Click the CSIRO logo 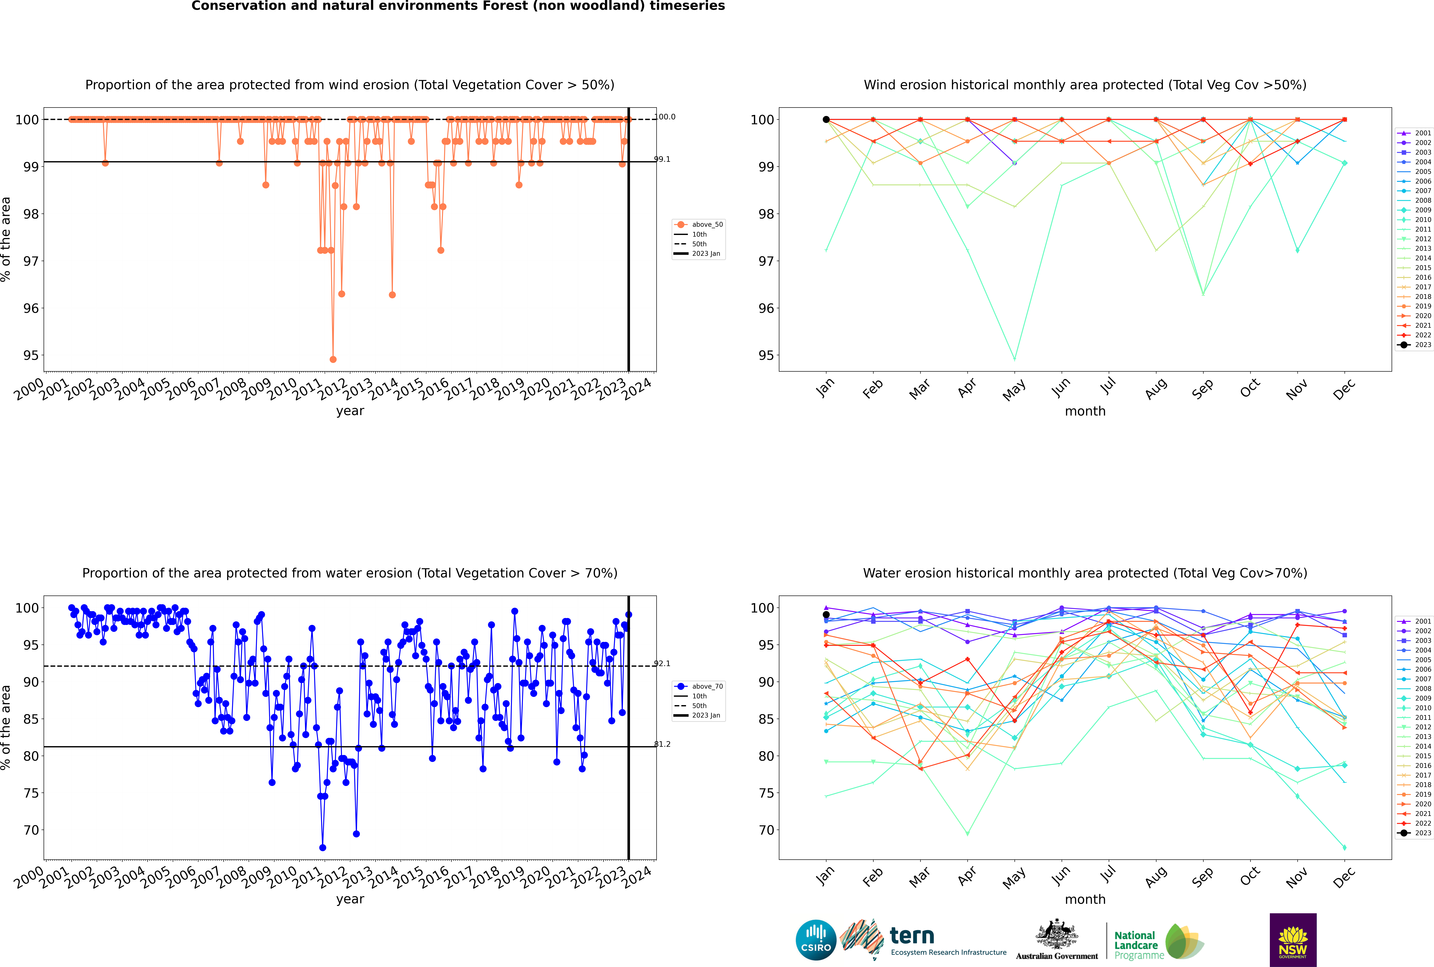[816, 940]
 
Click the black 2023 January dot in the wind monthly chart [826, 120]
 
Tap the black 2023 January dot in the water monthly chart [826, 615]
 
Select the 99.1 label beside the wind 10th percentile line [662, 159]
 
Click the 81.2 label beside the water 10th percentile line [662, 744]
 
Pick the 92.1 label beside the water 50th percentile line [662, 664]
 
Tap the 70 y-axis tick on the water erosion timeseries [31, 830]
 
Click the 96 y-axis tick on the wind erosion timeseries [31, 308]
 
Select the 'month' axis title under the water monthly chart [1085, 899]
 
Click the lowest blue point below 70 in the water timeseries [323, 848]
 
